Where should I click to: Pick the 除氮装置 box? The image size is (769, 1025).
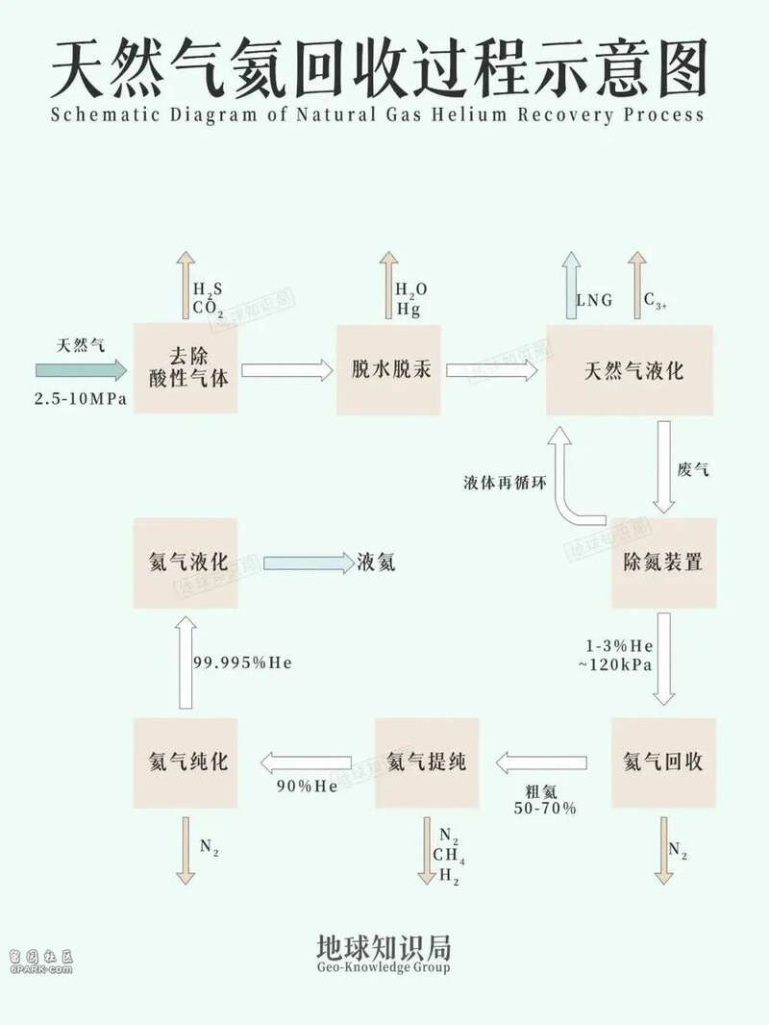pyautogui.click(x=663, y=562)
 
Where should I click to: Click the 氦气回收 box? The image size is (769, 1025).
pyautogui.click(x=663, y=762)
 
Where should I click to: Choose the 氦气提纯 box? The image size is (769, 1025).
pyautogui.click(x=426, y=762)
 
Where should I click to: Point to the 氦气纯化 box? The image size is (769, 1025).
pyautogui.click(x=187, y=762)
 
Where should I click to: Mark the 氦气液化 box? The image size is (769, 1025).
pyautogui.click(x=187, y=562)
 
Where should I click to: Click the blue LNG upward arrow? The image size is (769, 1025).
pyautogui.click(x=571, y=285)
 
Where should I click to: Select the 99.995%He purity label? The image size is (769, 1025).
pyautogui.click(x=242, y=663)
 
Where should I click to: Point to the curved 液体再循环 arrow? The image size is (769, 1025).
pyautogui.click(x=575, y=481)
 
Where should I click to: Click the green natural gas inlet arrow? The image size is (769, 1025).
pyautogui.click(x=81, y=370)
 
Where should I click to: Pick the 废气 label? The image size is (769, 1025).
pyautogui.click(x=693, y=471)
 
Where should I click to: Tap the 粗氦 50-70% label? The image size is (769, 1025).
pyautogui.click(x=544, y=800)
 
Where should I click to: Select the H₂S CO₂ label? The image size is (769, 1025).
pyautogui.click(x=208, y=300)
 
